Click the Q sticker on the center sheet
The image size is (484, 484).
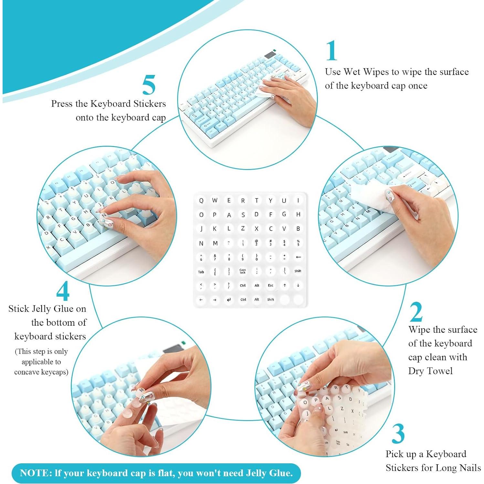click(x=201, y=201)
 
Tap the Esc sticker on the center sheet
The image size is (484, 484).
click(x=270, y=285)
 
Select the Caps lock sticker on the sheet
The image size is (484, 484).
click(x=243, y=271)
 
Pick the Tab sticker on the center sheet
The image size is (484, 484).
click(x=201, y=272)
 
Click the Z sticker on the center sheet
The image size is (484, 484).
click(x=243, y=228)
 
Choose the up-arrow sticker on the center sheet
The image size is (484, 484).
click(x=284, y=285)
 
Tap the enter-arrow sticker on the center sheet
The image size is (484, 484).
click(x=229, y=300)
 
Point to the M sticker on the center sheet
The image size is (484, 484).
click(x=215, y=243)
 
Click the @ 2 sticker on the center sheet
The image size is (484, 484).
click(x=257, y=243)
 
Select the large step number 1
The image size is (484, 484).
click(x=331, y=51)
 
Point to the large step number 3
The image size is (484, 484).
click(x=398, y=434)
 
